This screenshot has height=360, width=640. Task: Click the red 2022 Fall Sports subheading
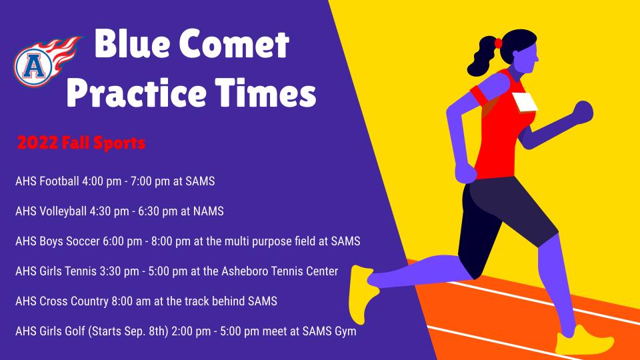81,143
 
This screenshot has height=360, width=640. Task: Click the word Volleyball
63,211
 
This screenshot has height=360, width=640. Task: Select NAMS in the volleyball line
208,211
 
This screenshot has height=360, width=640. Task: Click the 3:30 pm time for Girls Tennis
119,271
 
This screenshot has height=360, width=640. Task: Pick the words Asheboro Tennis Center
279,271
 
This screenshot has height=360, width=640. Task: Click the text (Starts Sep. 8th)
129,331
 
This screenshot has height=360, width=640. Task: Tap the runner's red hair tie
498,43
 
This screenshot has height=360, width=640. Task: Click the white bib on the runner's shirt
525,102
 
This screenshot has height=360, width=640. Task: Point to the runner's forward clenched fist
583,111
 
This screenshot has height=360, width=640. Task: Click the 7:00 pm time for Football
150,181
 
